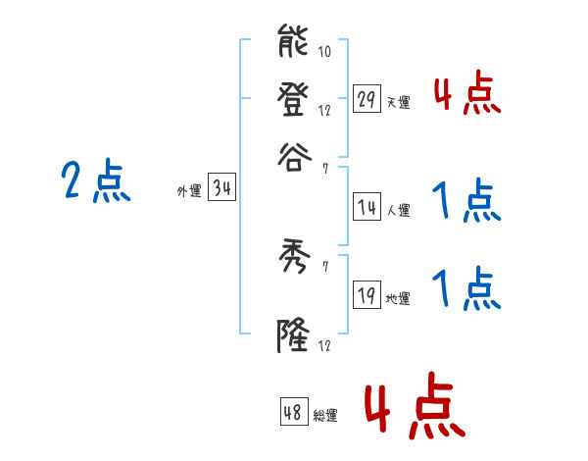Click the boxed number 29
click(x=367, y=100)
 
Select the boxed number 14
click(x=367, y=207)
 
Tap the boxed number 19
click(x=367, y=297)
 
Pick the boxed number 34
click(x=221, y=189)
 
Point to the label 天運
click(x=398, y=103)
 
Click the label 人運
click(x=398, y=210)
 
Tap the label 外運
click(x=189, y=192)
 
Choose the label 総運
click(x=325, y=416)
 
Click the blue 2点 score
click(x=96, y=182)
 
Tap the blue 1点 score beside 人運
click(x=466, y=202)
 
